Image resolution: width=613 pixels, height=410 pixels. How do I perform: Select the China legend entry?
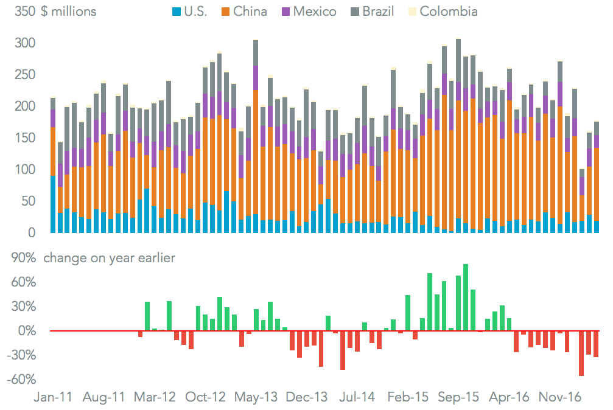[x=244, y=12]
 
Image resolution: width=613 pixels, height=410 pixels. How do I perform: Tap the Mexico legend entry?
[x=307, y=12]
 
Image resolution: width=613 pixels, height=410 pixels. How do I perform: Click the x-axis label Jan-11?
[x=52, y=397]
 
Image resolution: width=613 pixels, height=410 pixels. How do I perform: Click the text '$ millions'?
[x=69, y=12]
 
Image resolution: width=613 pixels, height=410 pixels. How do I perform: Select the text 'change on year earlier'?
[x=109, y=258]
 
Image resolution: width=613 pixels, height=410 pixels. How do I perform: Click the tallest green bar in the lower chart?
[x=466, y=297]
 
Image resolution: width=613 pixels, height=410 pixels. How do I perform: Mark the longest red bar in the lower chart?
[x=581, y=353]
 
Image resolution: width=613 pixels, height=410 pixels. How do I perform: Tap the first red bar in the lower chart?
[x=140, y=334]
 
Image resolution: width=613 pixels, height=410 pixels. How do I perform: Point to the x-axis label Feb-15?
[x=408, y=397]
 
